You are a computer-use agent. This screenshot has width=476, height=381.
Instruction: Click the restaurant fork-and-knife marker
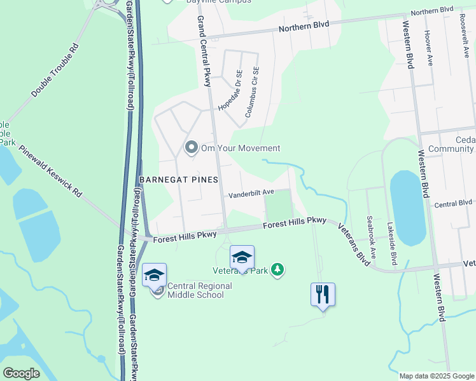click(x=323, y=294)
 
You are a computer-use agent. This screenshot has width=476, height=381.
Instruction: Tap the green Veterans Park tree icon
click(x=277, y=270)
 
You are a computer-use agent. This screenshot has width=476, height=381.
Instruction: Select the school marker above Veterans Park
click(x=242, y=257)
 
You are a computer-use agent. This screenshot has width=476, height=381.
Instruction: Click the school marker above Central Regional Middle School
click(x=154, y=275)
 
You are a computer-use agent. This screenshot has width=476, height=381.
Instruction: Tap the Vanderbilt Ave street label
click(x=251, y=192)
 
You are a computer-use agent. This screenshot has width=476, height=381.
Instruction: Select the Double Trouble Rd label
click(x=55, y=70)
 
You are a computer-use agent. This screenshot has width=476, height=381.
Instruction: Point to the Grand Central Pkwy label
click(x=203, y=50)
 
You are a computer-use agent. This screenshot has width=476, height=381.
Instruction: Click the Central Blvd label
click(x=452, y=204)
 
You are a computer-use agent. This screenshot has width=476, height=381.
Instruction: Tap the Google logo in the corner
click(x=21, y=373)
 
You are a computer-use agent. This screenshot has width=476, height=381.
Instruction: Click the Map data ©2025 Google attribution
click(x=436, y=376)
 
